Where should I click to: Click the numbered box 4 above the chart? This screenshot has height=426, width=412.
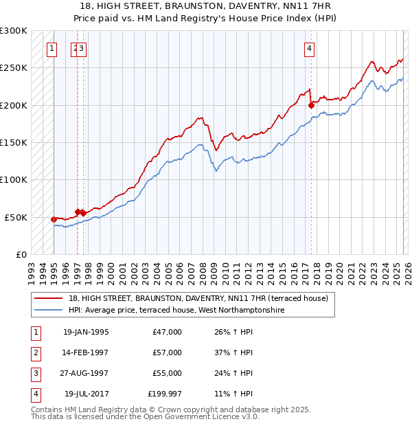coord(310,48)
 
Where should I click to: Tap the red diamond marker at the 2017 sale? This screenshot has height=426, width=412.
coord(311,105)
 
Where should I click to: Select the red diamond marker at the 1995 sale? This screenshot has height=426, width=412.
coord(54,219)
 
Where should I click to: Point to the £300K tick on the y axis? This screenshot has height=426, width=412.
coord(14,31)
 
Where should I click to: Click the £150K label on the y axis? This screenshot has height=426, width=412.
coord(14,142)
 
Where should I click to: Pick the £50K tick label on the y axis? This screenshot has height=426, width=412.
coord(16,217)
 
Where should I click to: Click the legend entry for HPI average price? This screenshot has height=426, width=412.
coord(176,311)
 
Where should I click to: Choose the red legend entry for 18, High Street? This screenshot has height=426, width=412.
coord(198,298)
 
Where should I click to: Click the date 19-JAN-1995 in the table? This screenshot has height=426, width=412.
coord(86,332)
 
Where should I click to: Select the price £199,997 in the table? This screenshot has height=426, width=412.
coord(165,394)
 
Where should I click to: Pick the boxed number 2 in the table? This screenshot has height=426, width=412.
coord(34,352)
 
